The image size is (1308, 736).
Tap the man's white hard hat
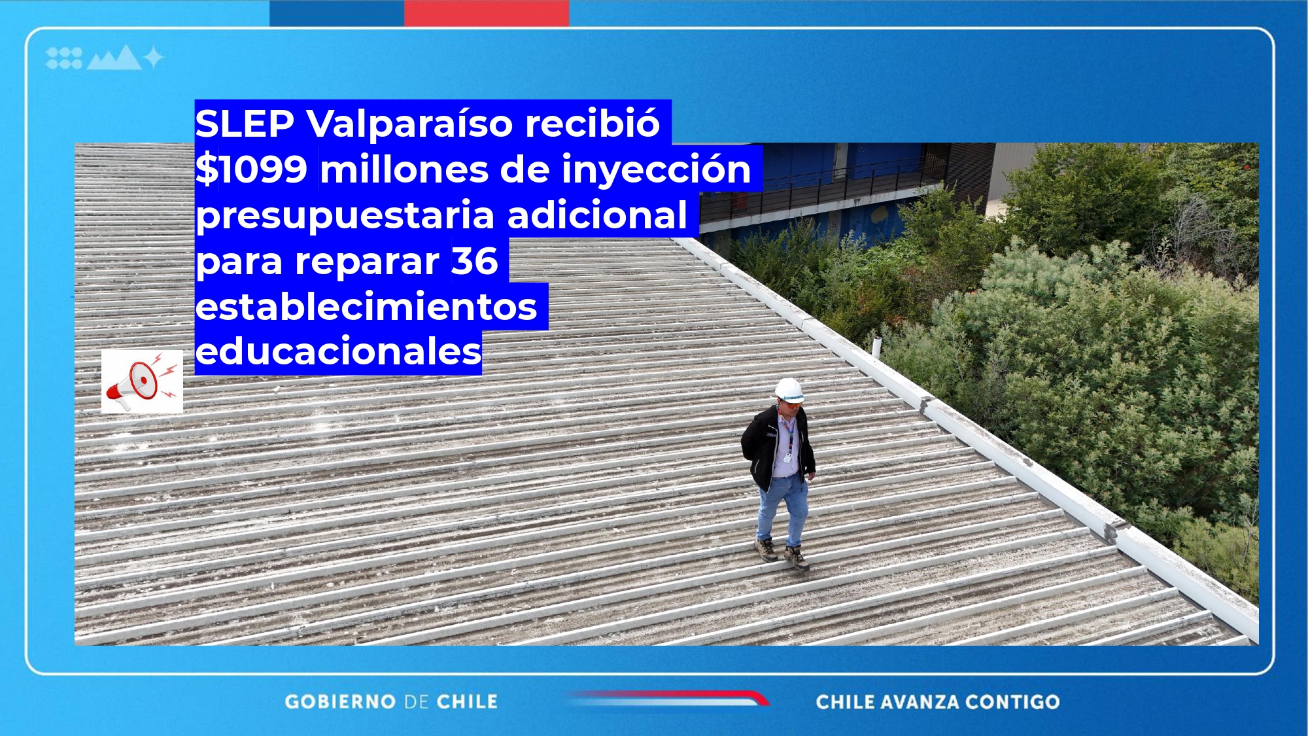click(x=789, y=390)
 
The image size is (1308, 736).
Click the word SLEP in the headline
click(x=245, y=123)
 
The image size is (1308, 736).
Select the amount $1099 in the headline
click(x=252, y=169)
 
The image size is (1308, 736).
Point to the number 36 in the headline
click(x=475, y=261)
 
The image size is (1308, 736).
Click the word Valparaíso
click(x=410, y=123)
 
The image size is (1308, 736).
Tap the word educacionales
click(x=339, y=352)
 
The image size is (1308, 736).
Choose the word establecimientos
click(x=366, y=307)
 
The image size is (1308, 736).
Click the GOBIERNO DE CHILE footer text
click(x=391, y=702)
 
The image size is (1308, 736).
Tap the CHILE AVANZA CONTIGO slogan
click(x=938, y=702)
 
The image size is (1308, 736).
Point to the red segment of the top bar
click(x=487, y=13)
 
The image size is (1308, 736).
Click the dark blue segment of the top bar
click(x=337, y=13)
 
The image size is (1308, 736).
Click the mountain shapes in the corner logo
click(x=114, y=58)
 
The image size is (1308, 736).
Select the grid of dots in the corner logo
click(x=64, y=58)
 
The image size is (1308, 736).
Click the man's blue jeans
click(x=782, y=510)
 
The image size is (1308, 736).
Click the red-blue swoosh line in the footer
click(x=667, y=698)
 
